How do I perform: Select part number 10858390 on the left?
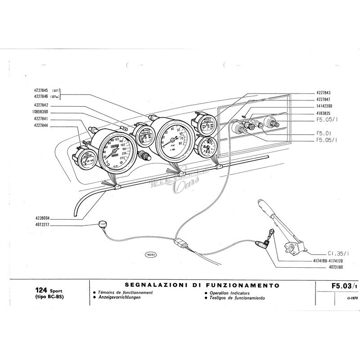pos(43,111)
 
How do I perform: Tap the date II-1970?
pos(341,298)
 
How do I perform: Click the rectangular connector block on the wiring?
pos(179,243)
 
